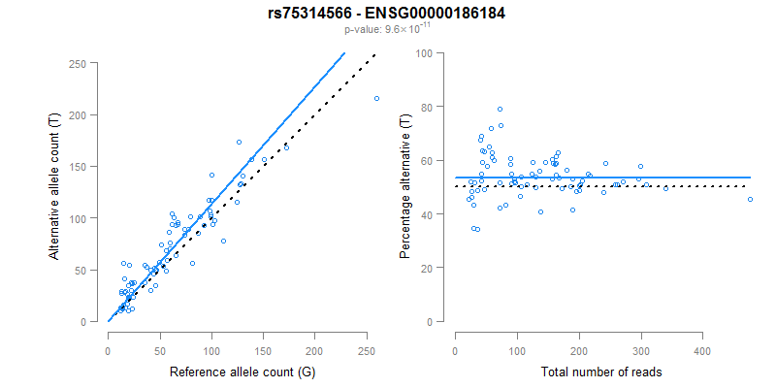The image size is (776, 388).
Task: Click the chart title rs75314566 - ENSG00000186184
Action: (387, 14)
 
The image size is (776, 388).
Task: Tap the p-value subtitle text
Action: (387, 29)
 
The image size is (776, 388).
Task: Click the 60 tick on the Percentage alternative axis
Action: (424, 160)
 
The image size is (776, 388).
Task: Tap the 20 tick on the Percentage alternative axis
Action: (424, 267)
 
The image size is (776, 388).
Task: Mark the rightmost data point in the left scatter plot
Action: (376, 98)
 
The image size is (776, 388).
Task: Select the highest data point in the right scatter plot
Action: (500, 109)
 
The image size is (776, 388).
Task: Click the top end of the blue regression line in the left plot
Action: (344, 53)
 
